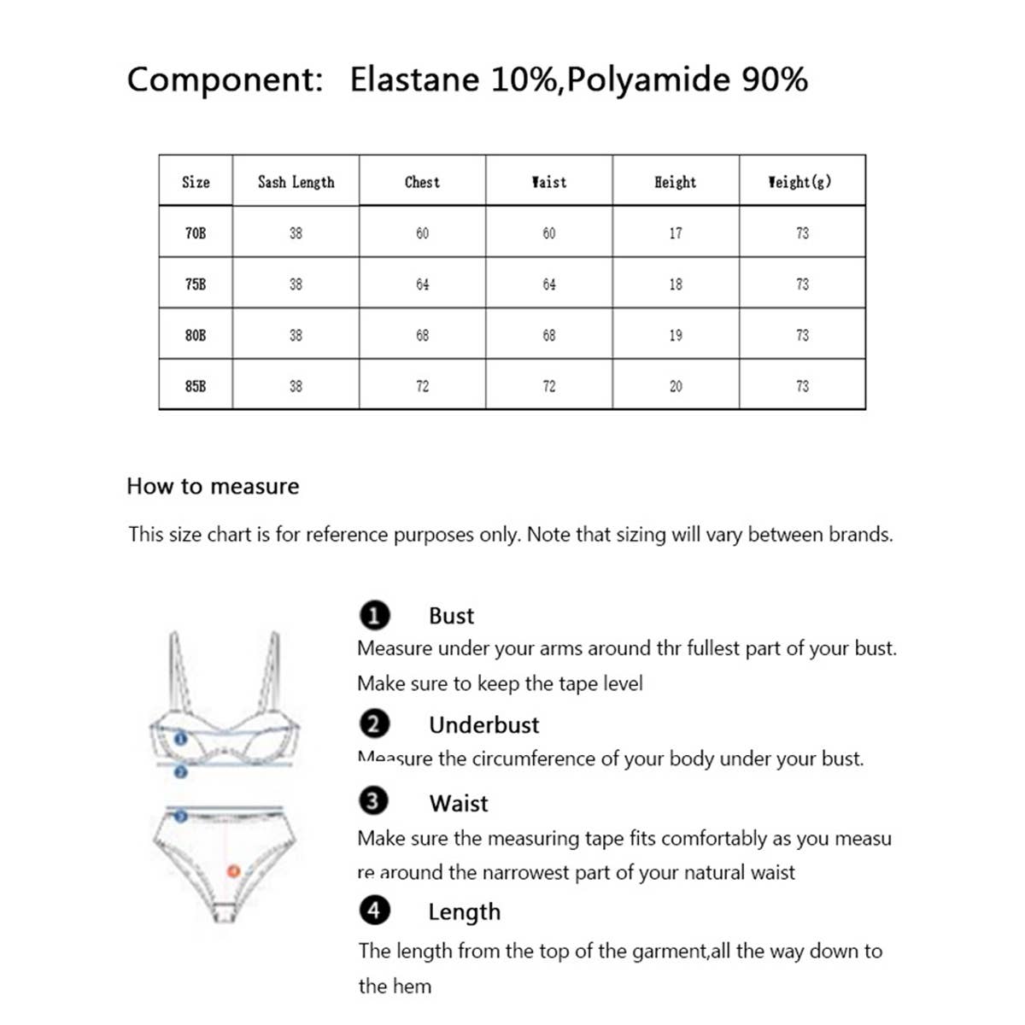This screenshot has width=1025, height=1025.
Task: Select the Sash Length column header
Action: pyautogui.click(x=296, y=181)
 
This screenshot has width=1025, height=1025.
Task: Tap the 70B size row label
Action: pyautogui.click(x=196, y=232)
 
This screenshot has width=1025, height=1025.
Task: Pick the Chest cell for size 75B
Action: pyautogui.click(x=422, y=284)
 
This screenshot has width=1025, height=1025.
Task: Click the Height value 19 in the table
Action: pyautogui.click(x=675, y=335)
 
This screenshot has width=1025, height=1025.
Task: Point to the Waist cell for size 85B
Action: pyautogui.click(x=548, y=386)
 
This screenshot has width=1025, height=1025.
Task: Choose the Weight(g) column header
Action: pyautogui.click(x=799, y=181)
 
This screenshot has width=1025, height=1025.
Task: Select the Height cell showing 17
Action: pyautogui.click(x=675, y=232)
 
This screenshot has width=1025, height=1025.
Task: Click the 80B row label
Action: pyautogui.click(x=196, y=335)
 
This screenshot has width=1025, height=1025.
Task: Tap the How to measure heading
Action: pyautogui.click(x=213, y=486)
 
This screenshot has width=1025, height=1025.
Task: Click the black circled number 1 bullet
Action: pyautogui.click(x=374, y=615)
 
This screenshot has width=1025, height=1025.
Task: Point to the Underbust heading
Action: pyautogui.click(x=483, y=724)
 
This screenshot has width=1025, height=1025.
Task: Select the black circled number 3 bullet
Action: pyautogui.click(x=374, y=801)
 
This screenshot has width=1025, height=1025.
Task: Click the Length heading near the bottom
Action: pyautogui.click(x=464, y=911)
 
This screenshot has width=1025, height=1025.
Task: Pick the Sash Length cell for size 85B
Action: pyautogui.click(x=296, y=386)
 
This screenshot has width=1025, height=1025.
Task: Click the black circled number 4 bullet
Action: pyautogui.click(x=374, y=910)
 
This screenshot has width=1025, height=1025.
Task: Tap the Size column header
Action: pyautogui.click(x=196, y=181)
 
